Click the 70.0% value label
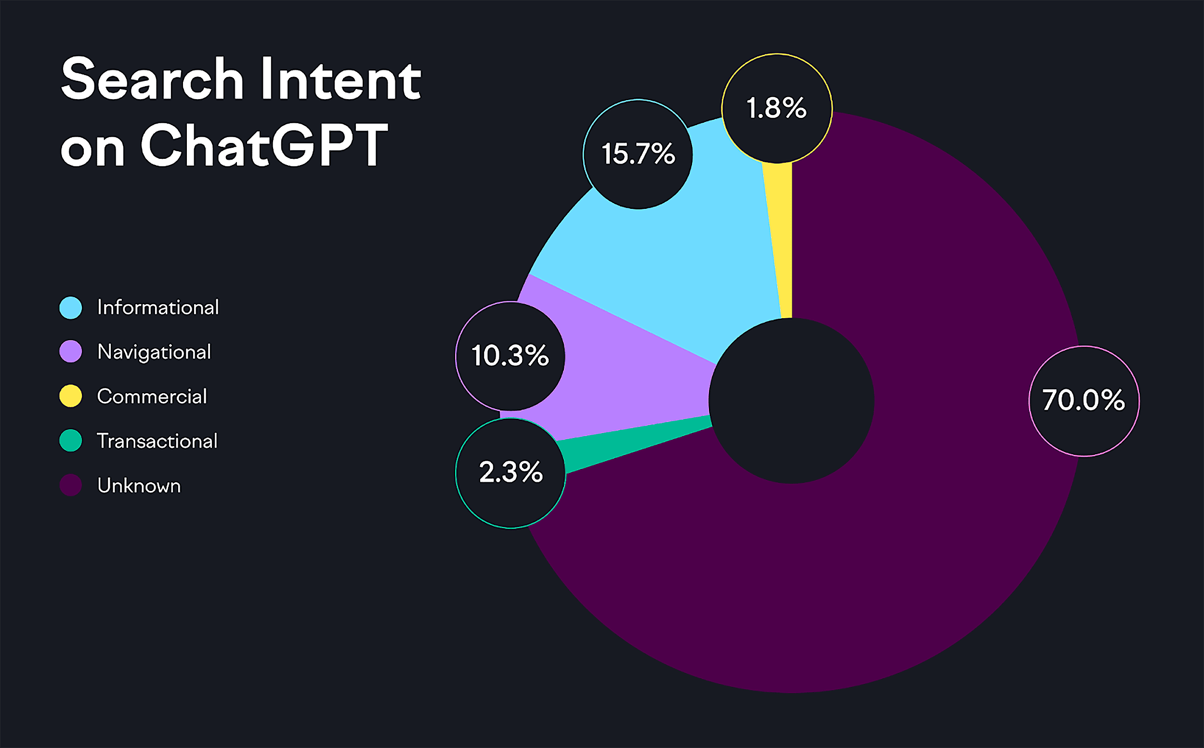coord(1084,400)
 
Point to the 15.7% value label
coord(638,154)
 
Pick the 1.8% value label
coord(776,108)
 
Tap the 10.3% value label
coord(510,356)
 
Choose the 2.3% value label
coord(510,471)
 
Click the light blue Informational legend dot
coord(71,308)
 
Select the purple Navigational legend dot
coord(71,352)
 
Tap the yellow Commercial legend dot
coord(71,396)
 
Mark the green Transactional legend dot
coord(71,440)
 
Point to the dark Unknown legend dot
coord(71,485)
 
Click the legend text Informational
coord(158,308)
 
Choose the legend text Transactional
coord(157,441)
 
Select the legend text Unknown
coord(139,486)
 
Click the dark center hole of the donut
coord(791,400)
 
